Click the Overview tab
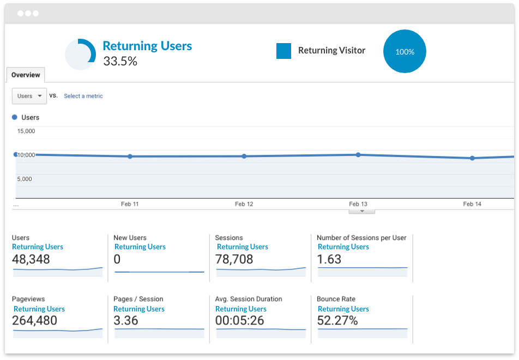pos(26,75)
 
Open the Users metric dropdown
pos(29,96)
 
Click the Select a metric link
pos(83,96)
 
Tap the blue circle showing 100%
pos(405,52)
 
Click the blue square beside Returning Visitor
pos(283,51)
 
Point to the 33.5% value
pos(120,61)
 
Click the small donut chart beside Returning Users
pos(81,55)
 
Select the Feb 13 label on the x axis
pos(358,204)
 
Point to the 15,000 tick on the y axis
pos(26,131)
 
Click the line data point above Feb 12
pos(244,156)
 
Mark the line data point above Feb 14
pos(472,158)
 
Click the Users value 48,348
pos(32,260)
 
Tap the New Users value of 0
pos(117,260)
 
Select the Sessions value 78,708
pos(234,260)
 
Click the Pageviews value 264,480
pos(34,321)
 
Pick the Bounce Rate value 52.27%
pos(337,321)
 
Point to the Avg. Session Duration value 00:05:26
pos(239,321)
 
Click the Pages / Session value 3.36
pos(126,321)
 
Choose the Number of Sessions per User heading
pos(361,238)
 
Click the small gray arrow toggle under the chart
pos(361,211)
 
